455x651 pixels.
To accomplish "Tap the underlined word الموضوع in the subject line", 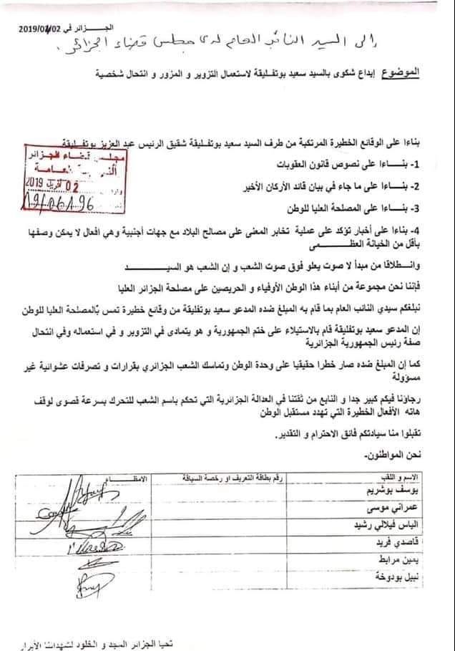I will [x=416, y=73].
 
